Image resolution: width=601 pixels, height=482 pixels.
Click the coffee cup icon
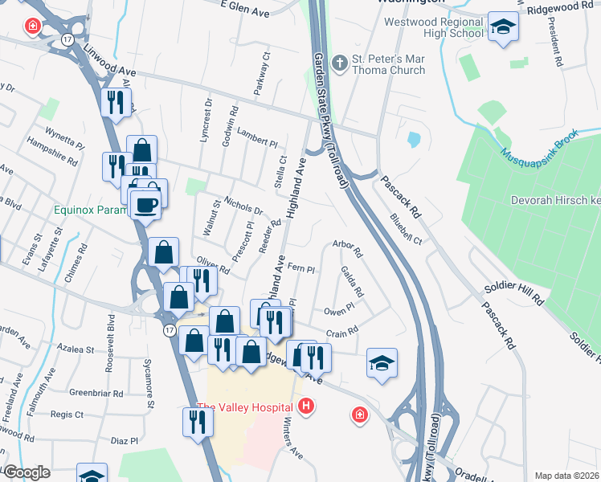point(145,206)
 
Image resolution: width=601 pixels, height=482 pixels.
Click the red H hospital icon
point(305,407)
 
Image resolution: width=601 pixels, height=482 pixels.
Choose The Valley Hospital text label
point(244,407)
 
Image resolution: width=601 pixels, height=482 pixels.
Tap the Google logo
point(27,472)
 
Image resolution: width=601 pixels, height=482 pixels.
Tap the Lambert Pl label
point(257,138)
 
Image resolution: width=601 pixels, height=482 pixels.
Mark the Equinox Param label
point(91,210)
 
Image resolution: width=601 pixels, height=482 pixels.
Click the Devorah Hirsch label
point(554,200)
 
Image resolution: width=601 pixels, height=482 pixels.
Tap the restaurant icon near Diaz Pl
point(198,421)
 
